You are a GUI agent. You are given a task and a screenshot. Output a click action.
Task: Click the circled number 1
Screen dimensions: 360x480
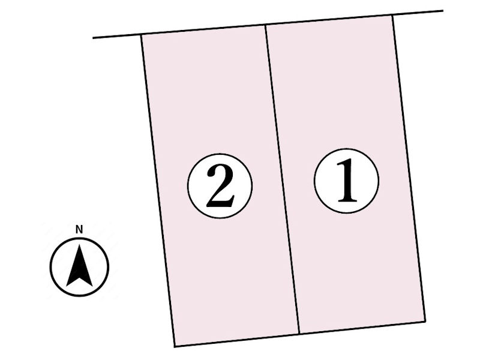[x=346, y=181]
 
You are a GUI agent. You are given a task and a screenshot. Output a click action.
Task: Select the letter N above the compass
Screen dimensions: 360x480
[x=79, y=229]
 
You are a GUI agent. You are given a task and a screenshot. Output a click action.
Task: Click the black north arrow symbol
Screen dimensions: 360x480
[x=79, y=265]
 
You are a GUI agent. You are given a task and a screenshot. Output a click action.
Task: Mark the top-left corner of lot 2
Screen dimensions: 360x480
[x=142, y=35]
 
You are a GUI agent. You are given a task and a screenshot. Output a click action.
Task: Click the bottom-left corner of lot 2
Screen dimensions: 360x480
[x=175, y=346]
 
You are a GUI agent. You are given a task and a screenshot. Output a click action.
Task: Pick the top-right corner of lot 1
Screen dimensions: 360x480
[x=393, y=15]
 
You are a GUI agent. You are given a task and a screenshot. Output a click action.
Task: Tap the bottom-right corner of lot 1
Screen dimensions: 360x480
[x=425, y=321]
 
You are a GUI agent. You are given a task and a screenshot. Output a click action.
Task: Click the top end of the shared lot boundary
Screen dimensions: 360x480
[x=266, y=25]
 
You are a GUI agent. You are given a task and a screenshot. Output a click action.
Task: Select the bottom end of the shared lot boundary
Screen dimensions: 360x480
[x=299, y=334]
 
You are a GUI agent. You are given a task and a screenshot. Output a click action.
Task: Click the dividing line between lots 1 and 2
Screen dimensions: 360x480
[x=282, y=180]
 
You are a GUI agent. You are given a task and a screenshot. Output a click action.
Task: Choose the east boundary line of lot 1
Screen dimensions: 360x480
[x=409, y=168]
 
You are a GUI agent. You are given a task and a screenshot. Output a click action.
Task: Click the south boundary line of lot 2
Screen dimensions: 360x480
[x=237, y=340]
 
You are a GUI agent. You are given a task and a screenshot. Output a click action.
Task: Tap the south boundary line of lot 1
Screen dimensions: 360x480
[x=362, y=328]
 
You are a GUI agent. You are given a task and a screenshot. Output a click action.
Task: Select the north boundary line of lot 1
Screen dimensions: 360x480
[x=329, y=20]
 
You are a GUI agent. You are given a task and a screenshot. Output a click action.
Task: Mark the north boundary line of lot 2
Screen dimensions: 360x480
[x=204, y=30]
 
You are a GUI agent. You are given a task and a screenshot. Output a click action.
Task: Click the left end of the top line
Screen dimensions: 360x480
[x=94, y=38]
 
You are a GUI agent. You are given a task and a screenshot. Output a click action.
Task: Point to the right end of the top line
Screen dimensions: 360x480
[x=443, y=11]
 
